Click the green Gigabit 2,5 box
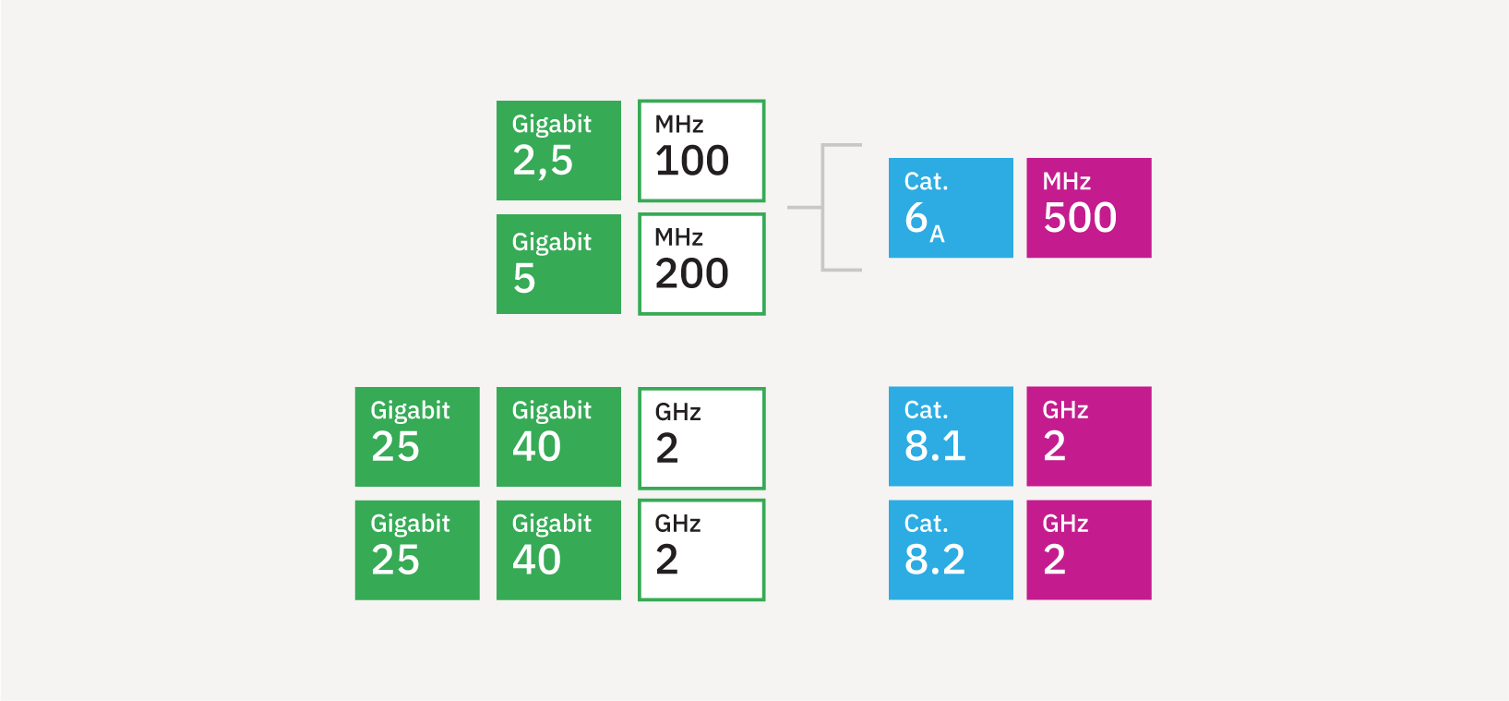(x=558, y=151)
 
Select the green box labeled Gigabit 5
(x=558, y=264)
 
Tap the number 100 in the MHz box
(x=692, y=161)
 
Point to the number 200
(x=692, y=273)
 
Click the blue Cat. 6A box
(x=951, y=208)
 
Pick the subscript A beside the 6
(x=937, y=234)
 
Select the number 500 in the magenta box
(x=1080, y=217)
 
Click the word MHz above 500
(x=1066, y=181)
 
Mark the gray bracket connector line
(x=822, y=207)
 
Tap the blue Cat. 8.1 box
(x=951, y=436)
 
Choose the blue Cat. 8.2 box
(x=951, y=550)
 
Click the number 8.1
(x=935, y=445)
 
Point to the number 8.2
(x=935, y=560)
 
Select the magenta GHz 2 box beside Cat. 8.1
(x=1089, y=436)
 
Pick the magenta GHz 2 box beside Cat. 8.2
(x=1089, y=550)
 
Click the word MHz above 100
(x=679, y=124)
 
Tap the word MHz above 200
(x=679, y=237)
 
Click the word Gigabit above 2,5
(x=552, y=125)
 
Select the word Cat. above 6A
(x=927, y=181)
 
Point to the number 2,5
(x=543, y=161)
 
